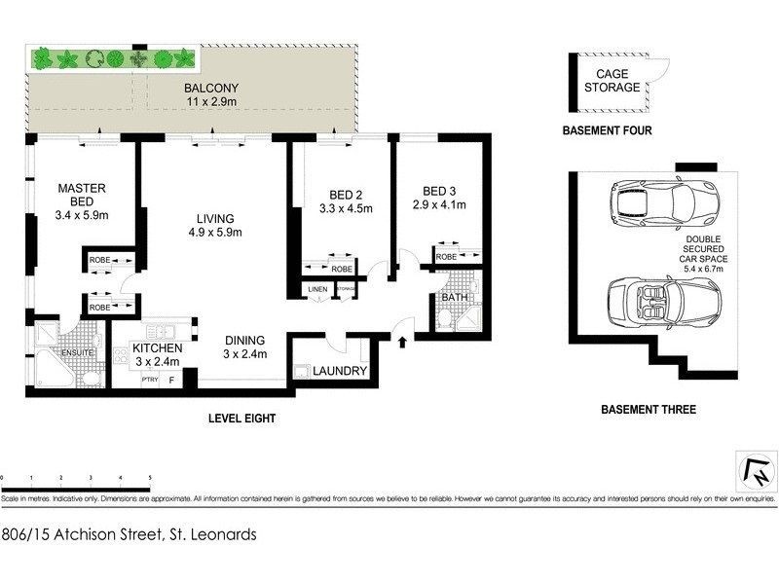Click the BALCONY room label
(210, 89)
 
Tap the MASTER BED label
(81, 196)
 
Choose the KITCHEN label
(158, 347)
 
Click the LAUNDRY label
(340, 371)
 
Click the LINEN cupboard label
(317, 289)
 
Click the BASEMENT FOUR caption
(607, 129)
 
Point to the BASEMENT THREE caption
(649, 410)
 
